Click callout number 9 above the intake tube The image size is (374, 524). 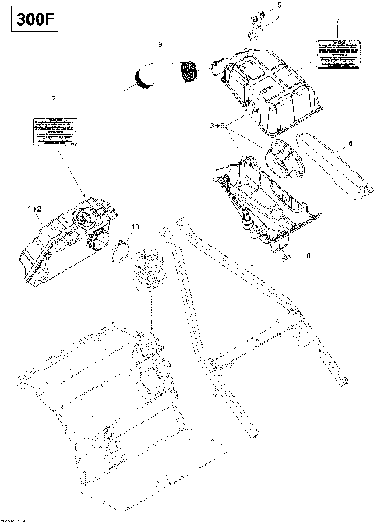160,45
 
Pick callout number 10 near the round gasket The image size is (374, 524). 135,227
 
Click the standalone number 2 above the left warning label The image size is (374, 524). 53,98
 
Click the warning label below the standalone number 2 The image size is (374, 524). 55,128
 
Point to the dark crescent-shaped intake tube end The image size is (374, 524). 144,78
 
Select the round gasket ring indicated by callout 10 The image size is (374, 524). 121,251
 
